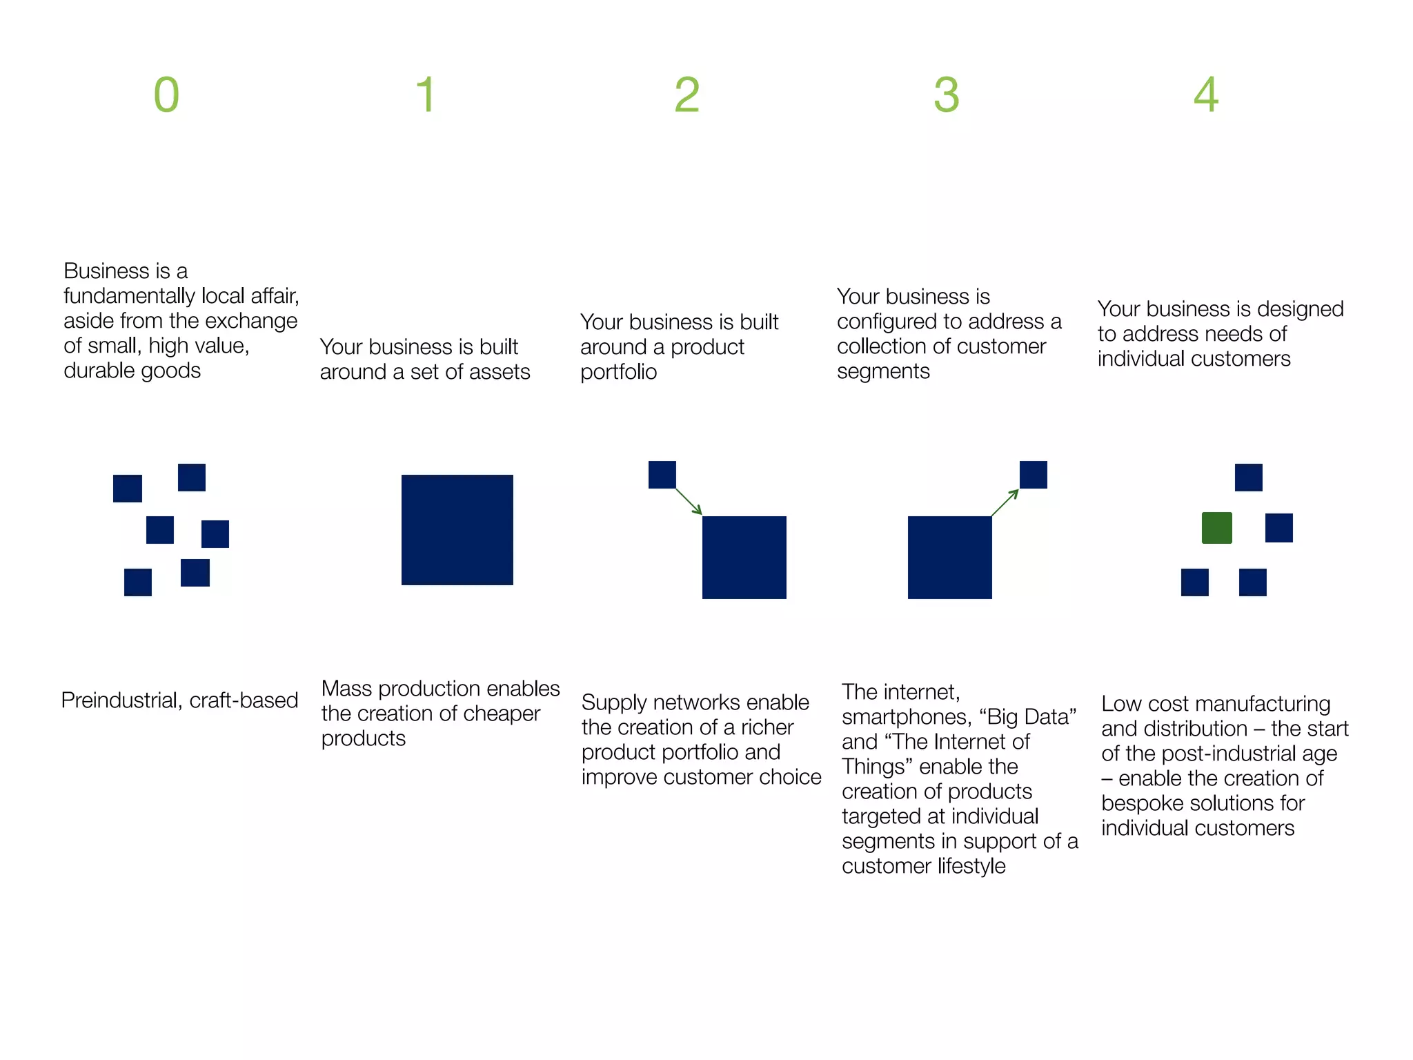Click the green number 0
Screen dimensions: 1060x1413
point(166,95)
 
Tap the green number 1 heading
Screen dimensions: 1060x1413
point(426,95)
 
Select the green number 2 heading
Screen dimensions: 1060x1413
point(686,95)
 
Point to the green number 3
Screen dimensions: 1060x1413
point(946,95)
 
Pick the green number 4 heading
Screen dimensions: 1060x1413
point(1206,95)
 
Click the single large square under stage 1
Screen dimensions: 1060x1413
point(457,530)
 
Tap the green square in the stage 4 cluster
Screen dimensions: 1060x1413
point(1216,528)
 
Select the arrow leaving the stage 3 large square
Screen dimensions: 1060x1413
point(1005,502)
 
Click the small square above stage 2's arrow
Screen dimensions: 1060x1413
point(662,475)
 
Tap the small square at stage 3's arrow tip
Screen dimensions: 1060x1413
point(1033,475)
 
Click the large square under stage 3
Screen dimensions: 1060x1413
point(949,557)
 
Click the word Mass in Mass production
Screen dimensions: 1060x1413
point(347,689)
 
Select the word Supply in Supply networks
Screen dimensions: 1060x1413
point(613,703)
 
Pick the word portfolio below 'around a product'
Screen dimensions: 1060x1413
point(618,373)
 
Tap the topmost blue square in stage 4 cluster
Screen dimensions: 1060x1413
point(1248,478)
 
